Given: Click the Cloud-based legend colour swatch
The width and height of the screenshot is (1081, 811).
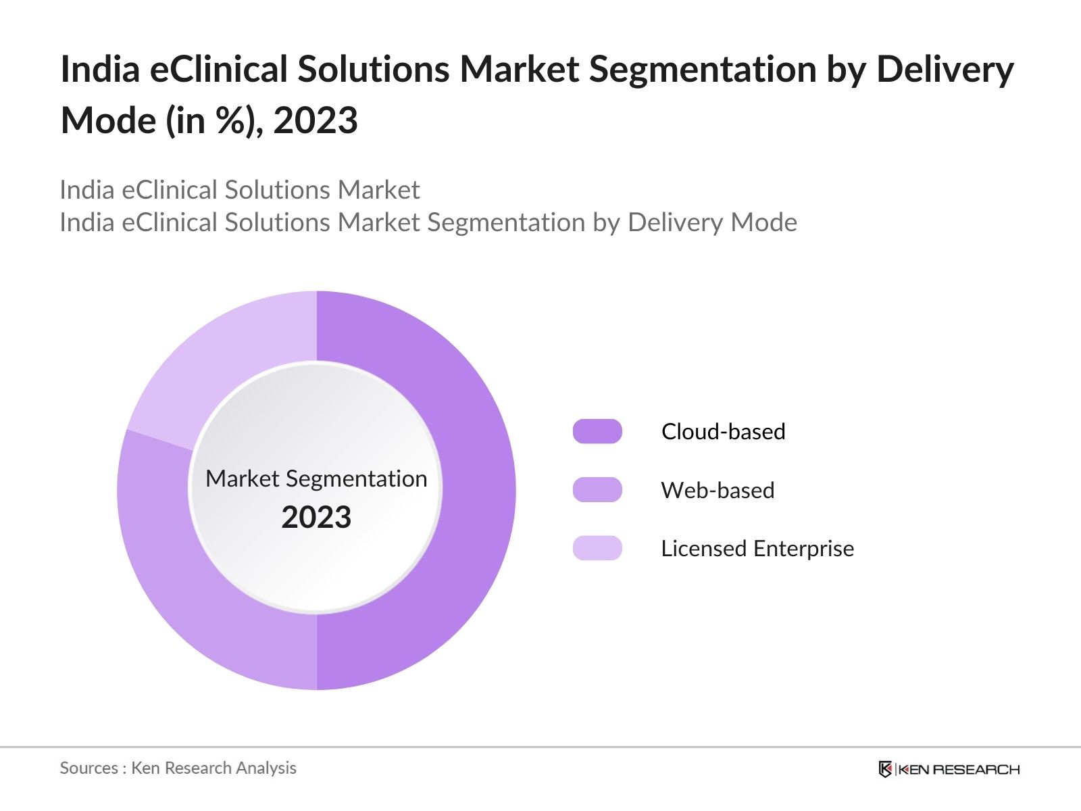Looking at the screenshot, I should pos(597,431).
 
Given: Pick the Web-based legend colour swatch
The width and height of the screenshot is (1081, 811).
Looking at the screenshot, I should pos(597,490).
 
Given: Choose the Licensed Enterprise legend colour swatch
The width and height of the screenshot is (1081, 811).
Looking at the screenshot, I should pos(597,548).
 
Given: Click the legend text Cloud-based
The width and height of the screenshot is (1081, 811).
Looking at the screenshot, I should pos(723,431).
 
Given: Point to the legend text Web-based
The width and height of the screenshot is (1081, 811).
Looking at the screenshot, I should pos(718,490).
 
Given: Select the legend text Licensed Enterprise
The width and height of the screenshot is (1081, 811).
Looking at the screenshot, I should pos(757,548).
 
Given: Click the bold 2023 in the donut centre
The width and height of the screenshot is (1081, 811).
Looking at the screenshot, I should pos(316,518).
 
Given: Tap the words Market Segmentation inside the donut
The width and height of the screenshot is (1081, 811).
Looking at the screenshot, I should pos(316,478).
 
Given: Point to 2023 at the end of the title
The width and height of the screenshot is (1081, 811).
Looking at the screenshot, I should pos(316,120).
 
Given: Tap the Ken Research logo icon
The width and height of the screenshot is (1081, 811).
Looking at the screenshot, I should pos(885,769).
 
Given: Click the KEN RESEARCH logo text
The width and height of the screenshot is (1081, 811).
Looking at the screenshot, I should pos(959,769).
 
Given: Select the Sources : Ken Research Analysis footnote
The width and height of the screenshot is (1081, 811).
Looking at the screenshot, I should pos(178,768).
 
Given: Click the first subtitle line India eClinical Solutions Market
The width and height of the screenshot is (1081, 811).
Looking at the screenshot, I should pos(239,190).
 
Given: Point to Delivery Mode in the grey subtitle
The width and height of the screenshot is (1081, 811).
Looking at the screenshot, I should pos(712,222).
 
